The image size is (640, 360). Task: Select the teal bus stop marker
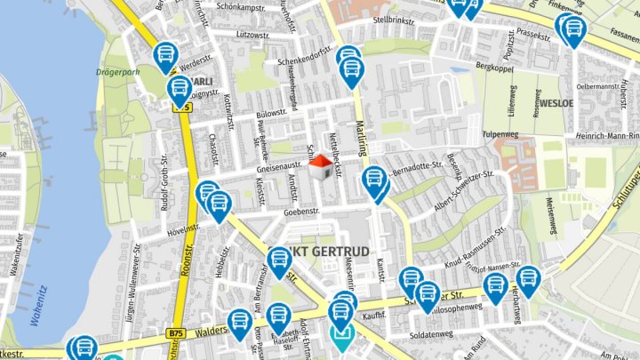pyautogui.click(x=341, y=336)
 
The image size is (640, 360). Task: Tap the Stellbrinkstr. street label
pyautogui.click(x=396, y=19)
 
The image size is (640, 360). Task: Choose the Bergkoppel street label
pyautogui.click(x=495, y=66)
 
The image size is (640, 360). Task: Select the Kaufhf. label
pyautogui.click(x=372, y=315)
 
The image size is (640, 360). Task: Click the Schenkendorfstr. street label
pyautogui.click(x=304, y=61)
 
